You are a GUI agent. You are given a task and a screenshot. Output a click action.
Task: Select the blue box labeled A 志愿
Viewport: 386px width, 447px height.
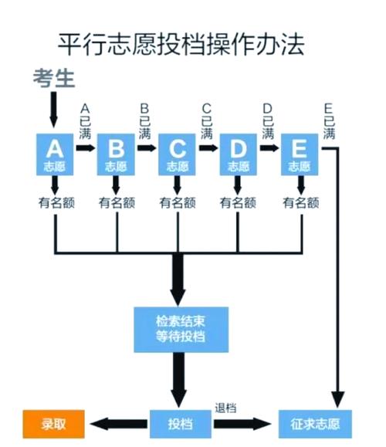55,153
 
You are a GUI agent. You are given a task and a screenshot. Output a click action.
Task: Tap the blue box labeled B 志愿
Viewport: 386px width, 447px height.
116,153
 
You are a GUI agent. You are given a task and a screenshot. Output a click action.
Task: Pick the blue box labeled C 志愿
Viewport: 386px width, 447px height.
178,153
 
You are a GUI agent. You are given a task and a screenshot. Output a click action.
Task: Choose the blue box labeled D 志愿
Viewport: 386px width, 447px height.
239,153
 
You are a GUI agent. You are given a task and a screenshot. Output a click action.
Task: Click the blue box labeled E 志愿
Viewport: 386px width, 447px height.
300,153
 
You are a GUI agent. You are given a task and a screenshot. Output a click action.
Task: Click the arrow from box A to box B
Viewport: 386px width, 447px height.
86,147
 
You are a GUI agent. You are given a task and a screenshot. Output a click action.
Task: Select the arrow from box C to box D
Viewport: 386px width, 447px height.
208,147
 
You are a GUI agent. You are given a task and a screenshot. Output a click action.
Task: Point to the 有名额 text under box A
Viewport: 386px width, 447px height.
55,203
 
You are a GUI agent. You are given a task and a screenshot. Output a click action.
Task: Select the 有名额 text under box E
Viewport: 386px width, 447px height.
300,203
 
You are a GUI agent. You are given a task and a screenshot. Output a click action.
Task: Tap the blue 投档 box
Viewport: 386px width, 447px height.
181,424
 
